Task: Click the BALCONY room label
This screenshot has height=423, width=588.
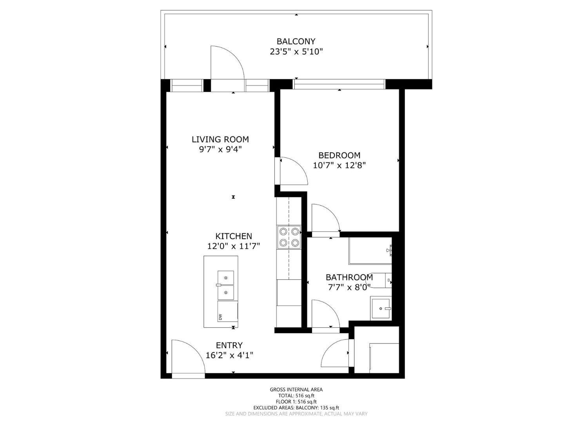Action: (x=296, y=41)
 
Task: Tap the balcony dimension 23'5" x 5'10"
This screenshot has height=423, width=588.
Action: (x=296, y=51)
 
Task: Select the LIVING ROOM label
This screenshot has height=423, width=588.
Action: (x=220, y=139)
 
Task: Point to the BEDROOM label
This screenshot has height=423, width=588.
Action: (x=339, y=155)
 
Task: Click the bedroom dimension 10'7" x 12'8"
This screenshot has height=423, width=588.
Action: (x=339, y=165)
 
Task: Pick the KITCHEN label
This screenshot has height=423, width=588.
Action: (x=234, y=236)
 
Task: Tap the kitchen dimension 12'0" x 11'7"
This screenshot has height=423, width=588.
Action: (x=234, y=246)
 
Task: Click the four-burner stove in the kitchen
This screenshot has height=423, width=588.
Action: (x=289, y=237)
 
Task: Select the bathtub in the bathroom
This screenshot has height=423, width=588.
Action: (x=370, y=251)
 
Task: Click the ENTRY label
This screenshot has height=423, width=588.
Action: (x=229, y=345)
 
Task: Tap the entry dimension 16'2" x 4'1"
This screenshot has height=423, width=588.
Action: (x=229, y=355)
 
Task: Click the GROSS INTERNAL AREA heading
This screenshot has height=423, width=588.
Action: (x=296, y=389)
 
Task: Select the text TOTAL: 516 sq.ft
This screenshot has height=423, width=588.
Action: (x=296, y=396)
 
